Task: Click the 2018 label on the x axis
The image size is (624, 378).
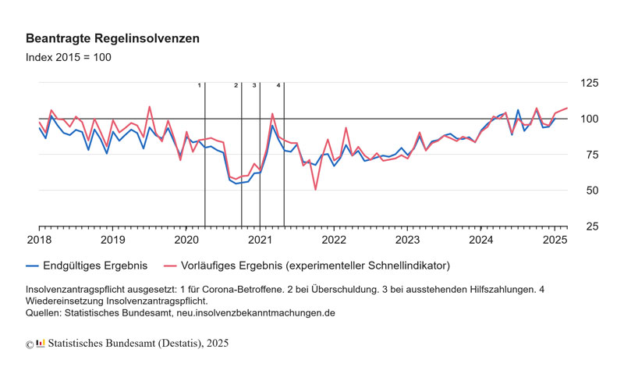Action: pos(39,239)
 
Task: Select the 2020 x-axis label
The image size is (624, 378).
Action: pos(186,239)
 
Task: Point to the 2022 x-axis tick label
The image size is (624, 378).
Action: pos(334,239)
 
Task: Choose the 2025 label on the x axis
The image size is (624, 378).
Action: pos(555,239)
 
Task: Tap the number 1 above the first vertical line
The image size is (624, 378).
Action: pos(199,84)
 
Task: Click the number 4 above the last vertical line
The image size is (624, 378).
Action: pos(278,84)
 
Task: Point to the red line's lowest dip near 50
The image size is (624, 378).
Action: pos(315,189)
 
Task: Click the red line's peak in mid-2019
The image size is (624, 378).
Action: pos(150,107)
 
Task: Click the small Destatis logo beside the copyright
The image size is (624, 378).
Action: pos(41,343)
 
